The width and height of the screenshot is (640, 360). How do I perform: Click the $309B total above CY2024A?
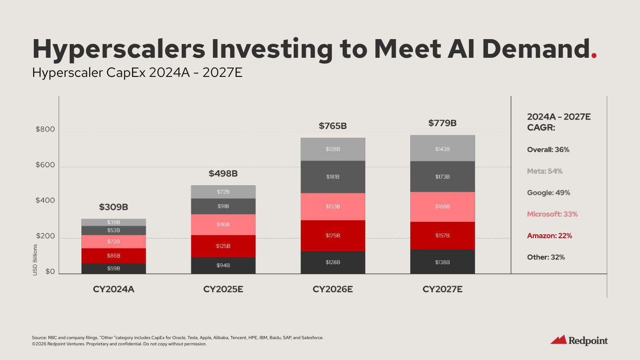(113, 207)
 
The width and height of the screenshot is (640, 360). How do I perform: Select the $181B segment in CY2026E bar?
(332, 177)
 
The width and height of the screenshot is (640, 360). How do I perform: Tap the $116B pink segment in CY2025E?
(223, 225)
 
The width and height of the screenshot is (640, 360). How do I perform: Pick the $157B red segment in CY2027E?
(442, 236)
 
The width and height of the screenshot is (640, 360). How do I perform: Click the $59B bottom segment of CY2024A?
(113, 268)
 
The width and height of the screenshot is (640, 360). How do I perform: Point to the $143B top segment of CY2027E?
(442, 149)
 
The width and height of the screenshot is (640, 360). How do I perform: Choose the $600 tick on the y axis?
(45, 165)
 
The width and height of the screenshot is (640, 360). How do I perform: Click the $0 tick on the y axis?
(51, 272)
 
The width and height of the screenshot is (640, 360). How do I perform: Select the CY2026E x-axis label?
(332, 289)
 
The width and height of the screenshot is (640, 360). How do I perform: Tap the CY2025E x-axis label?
(223, 289)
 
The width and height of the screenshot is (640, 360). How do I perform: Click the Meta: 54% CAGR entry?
(544, 171)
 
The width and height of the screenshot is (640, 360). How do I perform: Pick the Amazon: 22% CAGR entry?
(549, 236)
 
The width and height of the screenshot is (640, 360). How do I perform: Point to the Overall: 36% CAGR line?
(548, 150)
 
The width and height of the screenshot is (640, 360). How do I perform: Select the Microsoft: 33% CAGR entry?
(552, 214)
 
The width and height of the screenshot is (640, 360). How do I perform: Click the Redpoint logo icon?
(558, 340)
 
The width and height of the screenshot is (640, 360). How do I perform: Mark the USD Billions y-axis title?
(35, 260)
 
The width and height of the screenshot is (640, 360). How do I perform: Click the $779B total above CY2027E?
(442, 123)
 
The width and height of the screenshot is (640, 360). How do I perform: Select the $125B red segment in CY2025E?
(223, 246)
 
